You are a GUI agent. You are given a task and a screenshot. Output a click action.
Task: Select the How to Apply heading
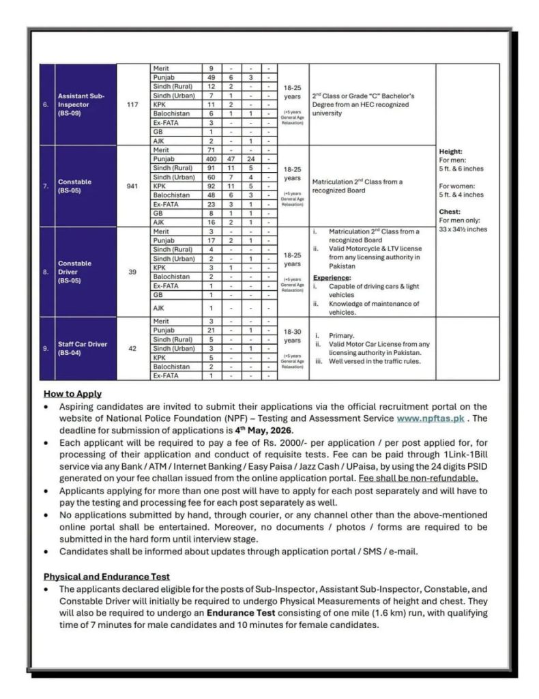(x=72, y=394)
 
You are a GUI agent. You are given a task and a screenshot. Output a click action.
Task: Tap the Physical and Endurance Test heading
(x=106, y=577)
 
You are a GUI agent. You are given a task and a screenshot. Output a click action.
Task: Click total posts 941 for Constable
(x=133, y=185)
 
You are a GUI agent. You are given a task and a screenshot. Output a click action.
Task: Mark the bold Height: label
(x=451, y=151)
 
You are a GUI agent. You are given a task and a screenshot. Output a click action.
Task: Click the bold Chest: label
(x=450, y=212)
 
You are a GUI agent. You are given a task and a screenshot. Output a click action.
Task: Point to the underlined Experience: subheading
(x=332, y=277)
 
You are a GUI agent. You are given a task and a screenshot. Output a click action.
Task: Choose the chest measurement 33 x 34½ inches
(x=463, y=229)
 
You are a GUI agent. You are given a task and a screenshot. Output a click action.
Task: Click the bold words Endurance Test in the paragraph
(x=247, y=613)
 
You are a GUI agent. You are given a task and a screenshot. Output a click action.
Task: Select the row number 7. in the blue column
(x=46, y=185)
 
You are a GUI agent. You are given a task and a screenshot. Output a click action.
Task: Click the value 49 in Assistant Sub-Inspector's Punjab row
(x=211, y=78)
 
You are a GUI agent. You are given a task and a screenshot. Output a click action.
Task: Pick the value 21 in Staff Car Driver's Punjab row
(x=211, y=330)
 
